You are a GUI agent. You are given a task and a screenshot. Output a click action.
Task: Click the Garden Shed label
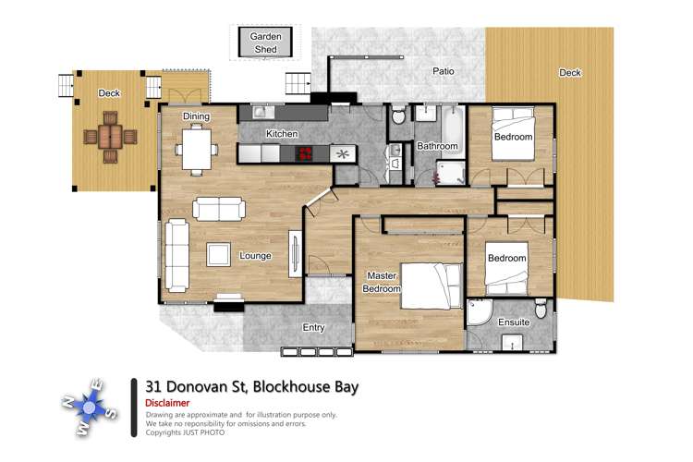click(x=265, y=43)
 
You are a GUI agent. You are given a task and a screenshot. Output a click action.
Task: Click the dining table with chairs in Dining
click(x=197, y=149)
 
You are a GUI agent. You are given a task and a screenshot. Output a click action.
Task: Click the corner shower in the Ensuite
click(x=480, y=315)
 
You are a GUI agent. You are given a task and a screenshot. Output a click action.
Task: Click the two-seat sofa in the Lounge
click(x=219, y=209)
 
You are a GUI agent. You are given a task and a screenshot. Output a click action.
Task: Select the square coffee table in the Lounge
click(x=219, y=253)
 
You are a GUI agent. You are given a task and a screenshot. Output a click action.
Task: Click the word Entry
click(x=314, y=327)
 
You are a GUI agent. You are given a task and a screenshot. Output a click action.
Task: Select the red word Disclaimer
click(x=167, y=403)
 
